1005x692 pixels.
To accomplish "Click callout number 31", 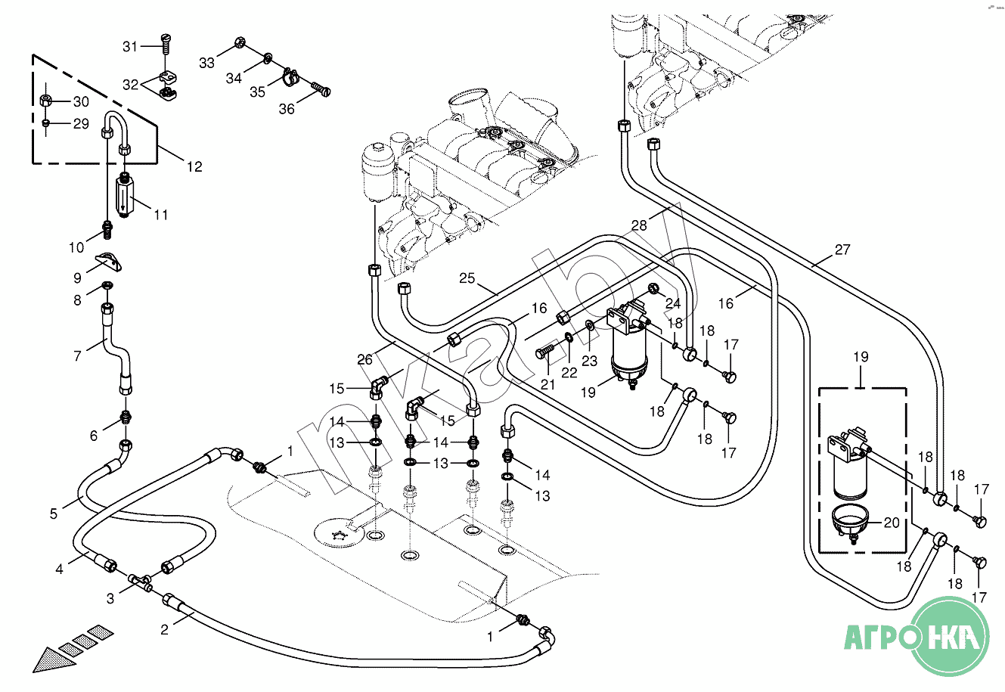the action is coord(129,46).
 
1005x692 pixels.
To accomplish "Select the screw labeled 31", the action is coord(166,44).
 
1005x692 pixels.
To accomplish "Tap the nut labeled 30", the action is coord(46,101).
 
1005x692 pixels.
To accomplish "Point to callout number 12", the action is coord(194,167).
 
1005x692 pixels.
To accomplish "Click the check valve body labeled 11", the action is coord(125,196).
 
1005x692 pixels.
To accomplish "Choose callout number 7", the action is coord(78,356).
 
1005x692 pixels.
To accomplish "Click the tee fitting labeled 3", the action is coord(141,582).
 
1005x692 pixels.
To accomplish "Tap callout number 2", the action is coord(164,630).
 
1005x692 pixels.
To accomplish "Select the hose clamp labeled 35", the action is coord(290,76).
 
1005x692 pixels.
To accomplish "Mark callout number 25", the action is coord(467,278).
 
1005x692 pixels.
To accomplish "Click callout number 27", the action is coord(842,250).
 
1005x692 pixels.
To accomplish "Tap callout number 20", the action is coord(892,523).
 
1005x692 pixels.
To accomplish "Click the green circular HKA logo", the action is coord(951,636).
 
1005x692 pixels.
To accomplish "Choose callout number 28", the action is coord(639,225).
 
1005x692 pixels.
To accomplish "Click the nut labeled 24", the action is coord(653,289).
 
